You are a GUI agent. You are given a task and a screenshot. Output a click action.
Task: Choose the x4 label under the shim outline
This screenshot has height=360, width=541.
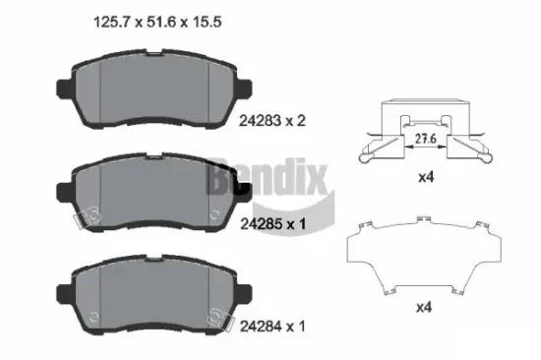click(x=425, y=308)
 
